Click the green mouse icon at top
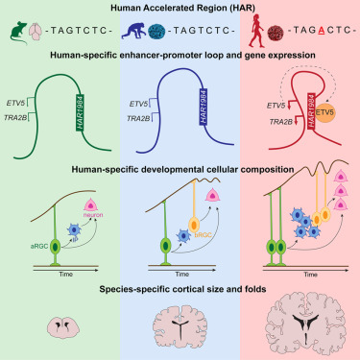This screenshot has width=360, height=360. click(15, 30)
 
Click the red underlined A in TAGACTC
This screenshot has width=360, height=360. click(317, 30)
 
